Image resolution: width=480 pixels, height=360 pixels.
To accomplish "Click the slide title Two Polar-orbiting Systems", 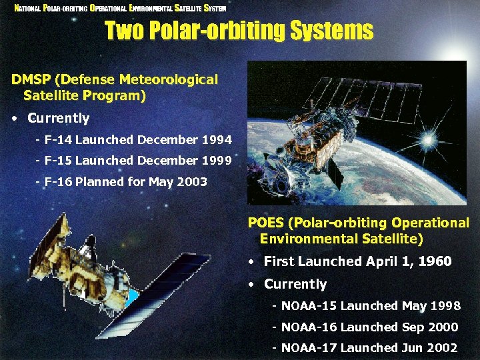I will (x=239, y=31).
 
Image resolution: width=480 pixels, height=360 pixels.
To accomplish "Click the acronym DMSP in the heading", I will (x=31, y=80).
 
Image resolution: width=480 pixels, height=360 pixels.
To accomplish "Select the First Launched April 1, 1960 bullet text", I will (x=357, y=261).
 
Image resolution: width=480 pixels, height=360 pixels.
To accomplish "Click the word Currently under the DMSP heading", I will (x=59, y=119).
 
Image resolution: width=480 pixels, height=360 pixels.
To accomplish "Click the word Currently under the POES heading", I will (x=295, y=284).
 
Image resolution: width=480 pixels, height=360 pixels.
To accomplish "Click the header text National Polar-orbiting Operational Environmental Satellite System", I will (x=121, y=8).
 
